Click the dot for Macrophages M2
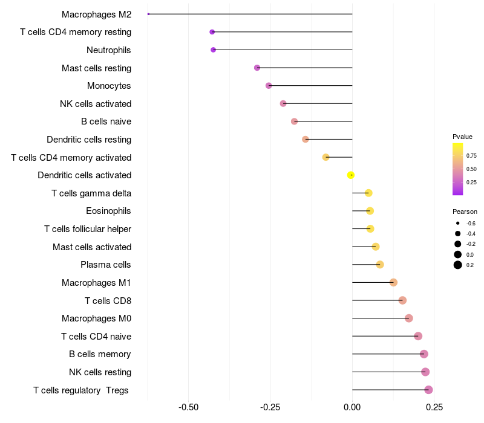coord(148,14)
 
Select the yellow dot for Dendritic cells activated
coord(350,175)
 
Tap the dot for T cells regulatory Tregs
coord(428,390)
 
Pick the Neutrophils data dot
coord(213,50)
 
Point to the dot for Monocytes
coord(269,86)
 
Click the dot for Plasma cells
coord(380,265)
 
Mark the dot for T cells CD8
coord(402,300)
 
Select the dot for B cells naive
coord(295,121)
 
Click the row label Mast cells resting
coord(96,68)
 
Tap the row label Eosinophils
coord(108,211)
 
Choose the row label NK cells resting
coord(100,372)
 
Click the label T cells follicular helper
coord(88,229)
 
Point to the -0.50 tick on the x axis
coord(188,407)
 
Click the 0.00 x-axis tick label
coord(352,407)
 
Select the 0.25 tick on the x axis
coord(434,407)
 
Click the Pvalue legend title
coord(462,137)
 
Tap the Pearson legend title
coord(465,212)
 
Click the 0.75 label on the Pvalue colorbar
coord(471,156)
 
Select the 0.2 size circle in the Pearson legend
coord(458,265)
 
